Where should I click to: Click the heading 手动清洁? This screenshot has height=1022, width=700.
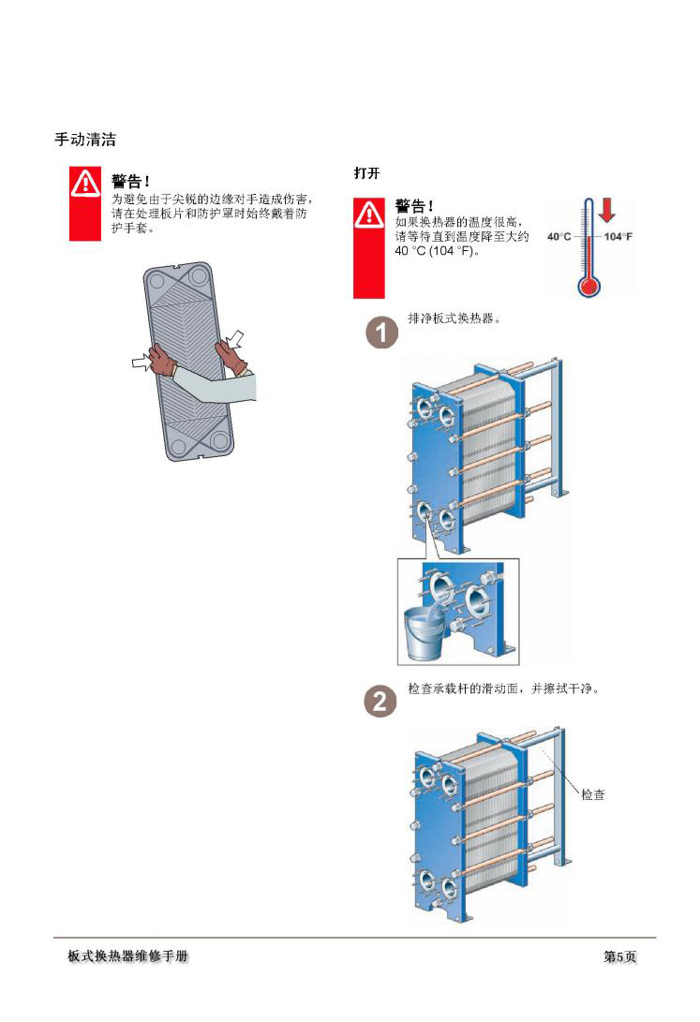84,141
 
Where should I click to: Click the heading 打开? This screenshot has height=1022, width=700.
365,174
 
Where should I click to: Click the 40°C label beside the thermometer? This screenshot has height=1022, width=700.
559,236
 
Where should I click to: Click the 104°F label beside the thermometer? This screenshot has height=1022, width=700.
618,236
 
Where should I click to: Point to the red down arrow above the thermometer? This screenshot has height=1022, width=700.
606,210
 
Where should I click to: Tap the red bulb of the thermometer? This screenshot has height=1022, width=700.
588,285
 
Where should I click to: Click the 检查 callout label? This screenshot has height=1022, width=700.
592,794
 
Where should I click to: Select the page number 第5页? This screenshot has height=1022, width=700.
619,956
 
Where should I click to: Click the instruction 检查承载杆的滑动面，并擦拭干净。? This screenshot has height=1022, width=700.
502,689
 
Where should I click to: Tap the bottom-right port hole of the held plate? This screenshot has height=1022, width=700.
220,438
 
